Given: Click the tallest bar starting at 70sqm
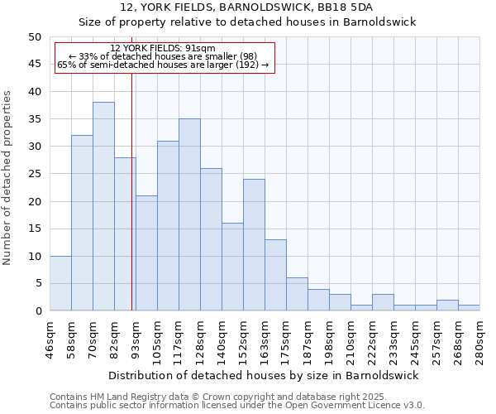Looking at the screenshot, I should coord(103,206).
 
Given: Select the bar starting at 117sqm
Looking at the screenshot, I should coord(189,214).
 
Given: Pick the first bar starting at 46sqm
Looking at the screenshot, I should coord(60,283).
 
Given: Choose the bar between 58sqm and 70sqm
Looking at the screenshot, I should coord(82,223).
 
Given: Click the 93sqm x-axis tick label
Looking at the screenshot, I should coord(136,336).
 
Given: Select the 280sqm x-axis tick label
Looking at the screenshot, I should coord(480,336).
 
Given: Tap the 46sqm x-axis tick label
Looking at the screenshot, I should coord(50,336).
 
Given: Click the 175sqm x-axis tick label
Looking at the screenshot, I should coord(286,336).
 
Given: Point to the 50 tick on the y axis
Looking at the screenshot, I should coord(34,37).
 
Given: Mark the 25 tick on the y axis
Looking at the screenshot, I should coord(34,174).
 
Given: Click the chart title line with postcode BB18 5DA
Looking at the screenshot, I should coord(247,7).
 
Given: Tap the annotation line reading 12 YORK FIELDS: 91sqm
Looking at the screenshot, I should coord(163,49).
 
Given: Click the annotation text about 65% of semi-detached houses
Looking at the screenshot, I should coord(163,65).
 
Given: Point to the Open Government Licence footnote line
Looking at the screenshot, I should coord(237,405).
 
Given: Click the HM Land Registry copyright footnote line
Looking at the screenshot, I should coord(217,397).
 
